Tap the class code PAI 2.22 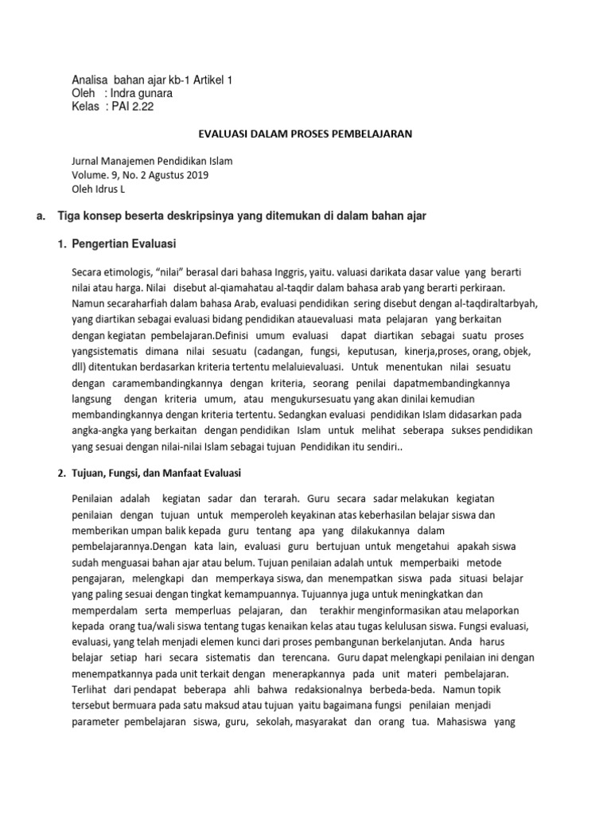coord(130,107)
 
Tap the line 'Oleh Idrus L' coord(98,189)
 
